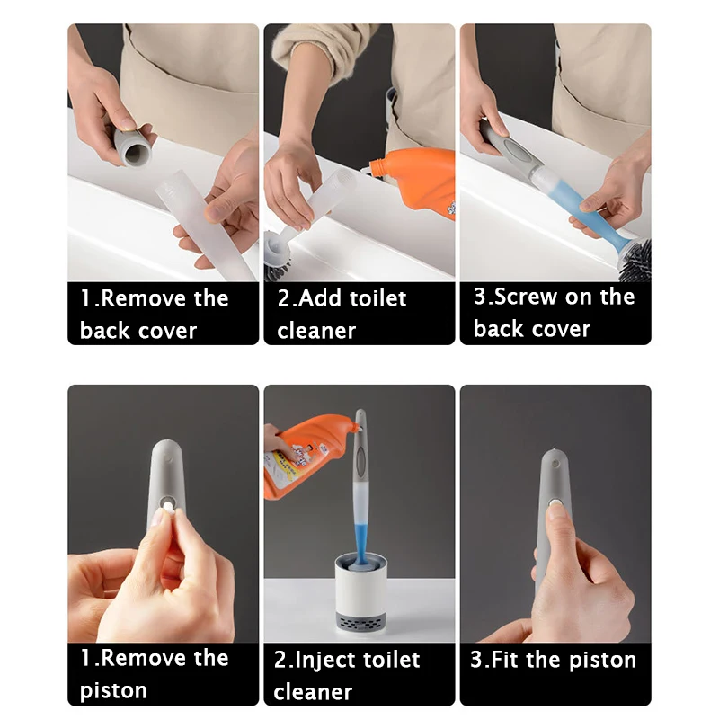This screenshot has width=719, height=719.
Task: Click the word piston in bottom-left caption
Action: click(113, 690)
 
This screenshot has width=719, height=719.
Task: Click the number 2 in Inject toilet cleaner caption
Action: click(280, 660)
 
